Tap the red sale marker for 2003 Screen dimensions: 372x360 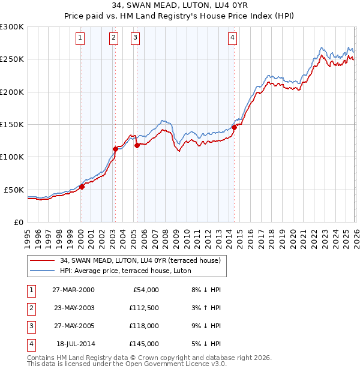[x=115, y=149]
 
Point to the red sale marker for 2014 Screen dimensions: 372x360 [x=234, y=127]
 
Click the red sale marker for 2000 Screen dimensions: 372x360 [x=82, y=187]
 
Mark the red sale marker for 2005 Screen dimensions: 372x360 [x=137, y=145]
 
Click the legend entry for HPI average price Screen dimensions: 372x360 [x=125, y=271]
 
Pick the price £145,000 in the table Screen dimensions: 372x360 [x=145, y=344]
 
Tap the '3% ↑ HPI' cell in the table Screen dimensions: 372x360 [x=205, y=308]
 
